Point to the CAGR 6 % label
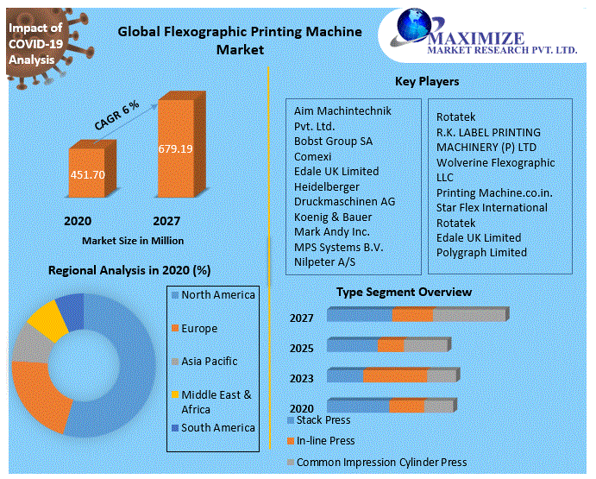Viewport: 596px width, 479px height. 117,116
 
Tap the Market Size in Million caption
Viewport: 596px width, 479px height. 133,240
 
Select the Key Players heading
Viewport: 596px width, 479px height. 426,81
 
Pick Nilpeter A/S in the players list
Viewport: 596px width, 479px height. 324,261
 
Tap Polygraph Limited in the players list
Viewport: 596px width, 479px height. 481,252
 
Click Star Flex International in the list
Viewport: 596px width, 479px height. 492,207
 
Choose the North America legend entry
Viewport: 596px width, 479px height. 218,295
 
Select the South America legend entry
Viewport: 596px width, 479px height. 218,427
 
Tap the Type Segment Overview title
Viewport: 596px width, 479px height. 404,292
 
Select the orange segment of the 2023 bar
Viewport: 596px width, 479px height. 395,375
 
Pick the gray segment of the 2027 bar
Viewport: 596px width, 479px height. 468,315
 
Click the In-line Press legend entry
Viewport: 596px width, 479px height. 326,440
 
